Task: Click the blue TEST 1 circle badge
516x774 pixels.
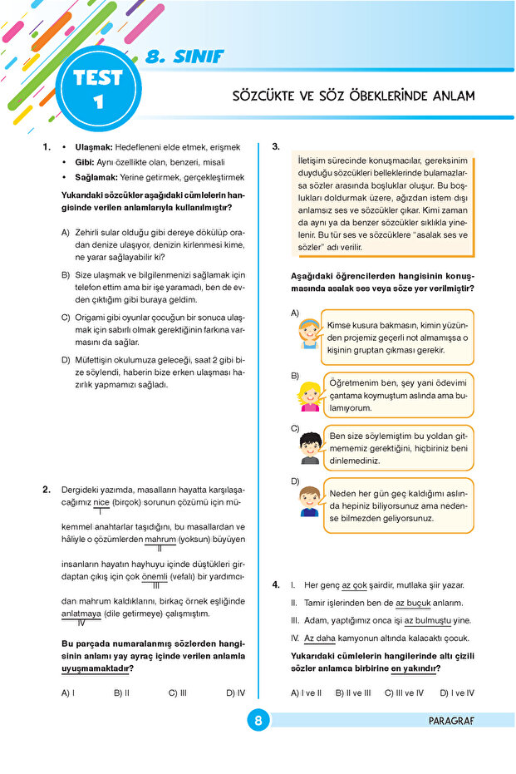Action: pos(98,90)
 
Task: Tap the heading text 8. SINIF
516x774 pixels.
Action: pos(183,58)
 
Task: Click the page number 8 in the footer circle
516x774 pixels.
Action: pos(258,721)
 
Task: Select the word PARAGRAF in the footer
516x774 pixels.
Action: pos(452,721)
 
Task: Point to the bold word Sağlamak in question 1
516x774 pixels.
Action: pos(97,177)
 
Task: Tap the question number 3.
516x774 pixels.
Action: pos(277,147)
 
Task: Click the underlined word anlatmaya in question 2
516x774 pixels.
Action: pos(81,614)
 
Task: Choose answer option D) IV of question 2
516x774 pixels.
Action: pos(235,692)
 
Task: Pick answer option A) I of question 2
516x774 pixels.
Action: pos(68,692)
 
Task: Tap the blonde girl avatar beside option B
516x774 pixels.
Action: pos(310,391)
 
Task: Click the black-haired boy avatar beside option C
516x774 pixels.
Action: pos(310,447)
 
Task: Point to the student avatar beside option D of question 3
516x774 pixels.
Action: pos(310,502)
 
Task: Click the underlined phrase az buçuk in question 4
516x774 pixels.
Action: pos(412,603)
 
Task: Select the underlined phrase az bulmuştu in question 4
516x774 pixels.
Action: pos(427,620)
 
